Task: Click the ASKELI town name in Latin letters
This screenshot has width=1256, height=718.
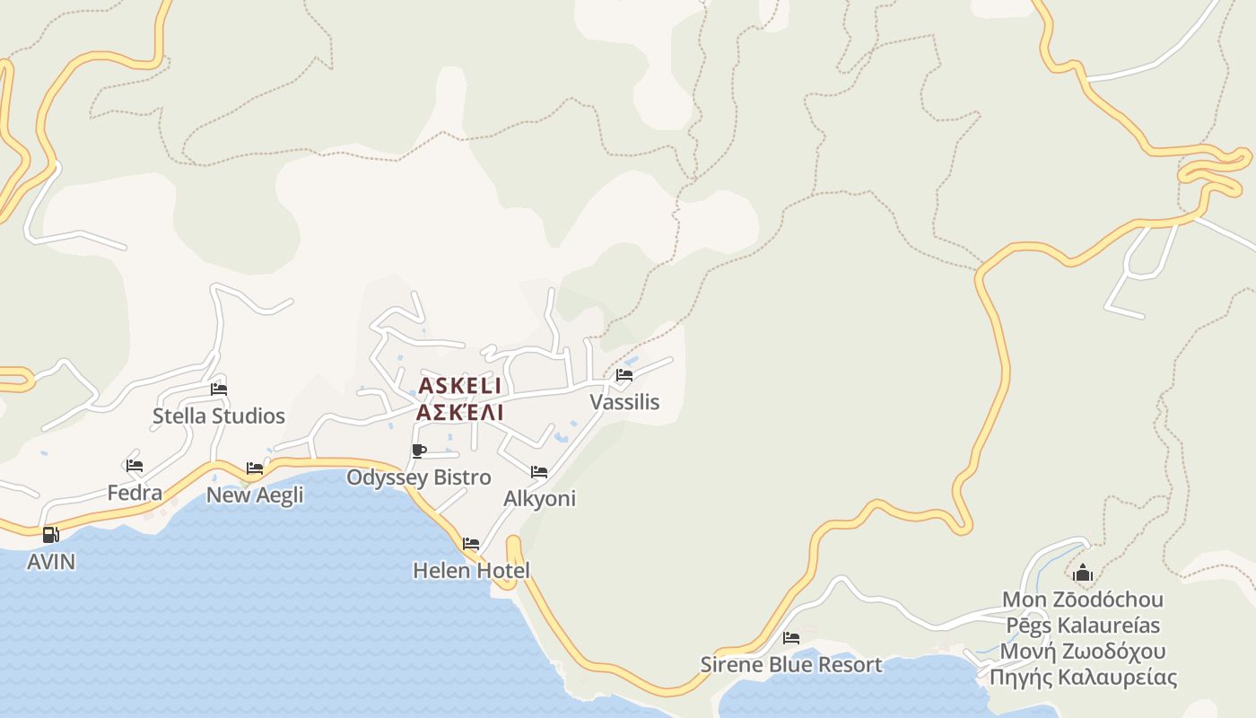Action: click(459, 386)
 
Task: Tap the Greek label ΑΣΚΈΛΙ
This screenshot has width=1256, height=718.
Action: click(459, 412)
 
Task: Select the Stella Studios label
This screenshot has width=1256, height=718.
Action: click(218, 416)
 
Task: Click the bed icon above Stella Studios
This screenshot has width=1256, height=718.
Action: click(218, 390)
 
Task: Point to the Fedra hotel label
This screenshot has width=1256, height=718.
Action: click(135, 492)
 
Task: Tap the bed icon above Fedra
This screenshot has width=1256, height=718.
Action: click(135, 466)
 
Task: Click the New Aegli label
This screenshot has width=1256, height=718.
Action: click(255, 495)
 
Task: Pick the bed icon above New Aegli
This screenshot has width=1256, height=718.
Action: click(255, 468)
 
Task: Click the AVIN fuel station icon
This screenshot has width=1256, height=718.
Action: click(51, 535)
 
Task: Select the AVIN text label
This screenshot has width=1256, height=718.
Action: click(51, 562)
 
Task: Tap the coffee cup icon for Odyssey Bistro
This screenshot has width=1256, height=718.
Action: click(418, 451)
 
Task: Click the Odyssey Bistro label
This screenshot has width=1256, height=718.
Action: click(418, 477)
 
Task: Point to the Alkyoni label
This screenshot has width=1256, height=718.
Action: click(539, 498)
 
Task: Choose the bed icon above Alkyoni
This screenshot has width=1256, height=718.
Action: click(539, 472)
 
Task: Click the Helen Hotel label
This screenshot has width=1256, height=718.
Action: click(471, 570)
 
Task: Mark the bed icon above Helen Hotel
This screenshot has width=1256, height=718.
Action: click(471, 544)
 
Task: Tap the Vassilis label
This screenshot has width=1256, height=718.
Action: click(624, 401)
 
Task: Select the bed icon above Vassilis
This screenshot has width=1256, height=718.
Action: click(624, 375)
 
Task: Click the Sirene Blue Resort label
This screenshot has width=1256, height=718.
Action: click(791, 664)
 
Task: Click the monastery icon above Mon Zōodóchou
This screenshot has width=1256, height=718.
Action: click(1083, 574)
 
